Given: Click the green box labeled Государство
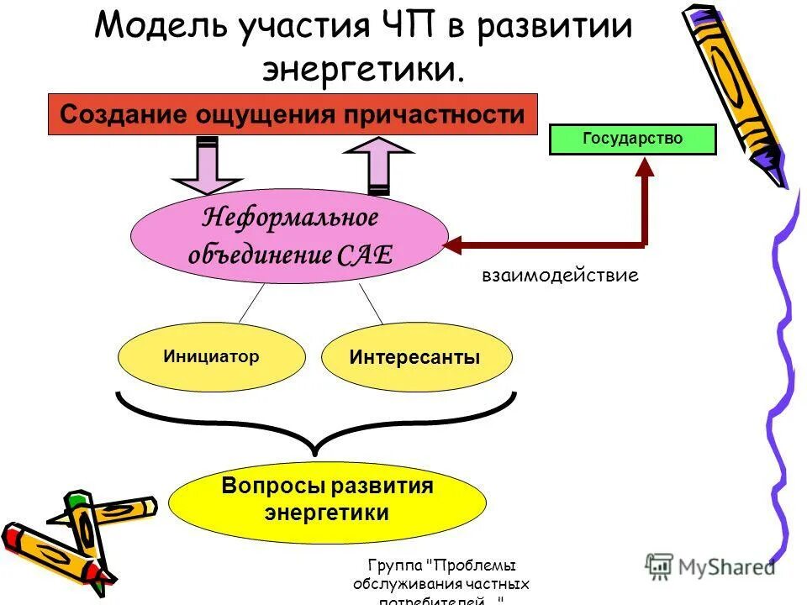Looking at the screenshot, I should (632, 139).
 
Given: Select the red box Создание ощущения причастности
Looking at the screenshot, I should (291, 114).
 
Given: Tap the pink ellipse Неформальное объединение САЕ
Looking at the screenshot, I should (290, 236).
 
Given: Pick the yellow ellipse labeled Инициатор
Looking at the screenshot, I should (211, 357).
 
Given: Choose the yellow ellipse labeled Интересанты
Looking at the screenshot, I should (415, 357).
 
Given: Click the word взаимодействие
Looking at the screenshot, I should (560, 275).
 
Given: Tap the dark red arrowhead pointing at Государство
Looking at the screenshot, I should (645, 166).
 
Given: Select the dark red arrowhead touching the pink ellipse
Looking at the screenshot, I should (452, 245).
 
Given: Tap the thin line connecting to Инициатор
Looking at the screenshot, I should (251, 303).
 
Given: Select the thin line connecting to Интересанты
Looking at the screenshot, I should (371, 303).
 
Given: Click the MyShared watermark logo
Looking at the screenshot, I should (710, 567).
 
